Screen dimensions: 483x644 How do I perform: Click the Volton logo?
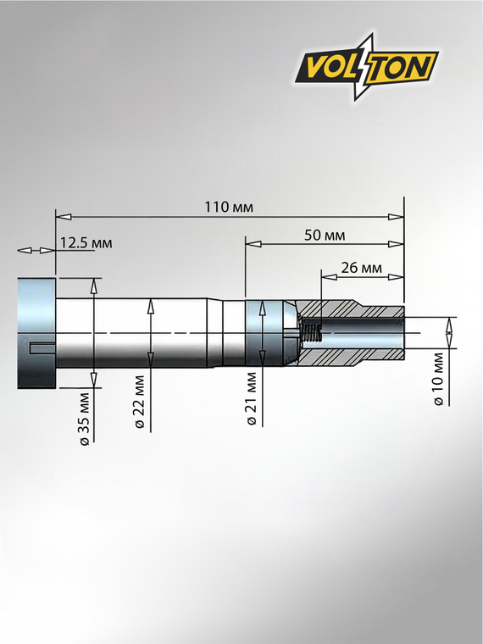(366, 67)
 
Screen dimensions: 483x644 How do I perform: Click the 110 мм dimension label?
(229, 207)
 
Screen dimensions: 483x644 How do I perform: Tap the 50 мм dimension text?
(325, 236)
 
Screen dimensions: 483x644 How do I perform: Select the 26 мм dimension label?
(361, 268)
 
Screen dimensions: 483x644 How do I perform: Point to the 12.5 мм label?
(86, 243)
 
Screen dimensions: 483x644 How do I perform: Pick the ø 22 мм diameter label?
(140, 402)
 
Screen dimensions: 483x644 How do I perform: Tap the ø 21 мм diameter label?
(252, 399)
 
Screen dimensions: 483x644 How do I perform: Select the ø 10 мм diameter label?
(438, 379)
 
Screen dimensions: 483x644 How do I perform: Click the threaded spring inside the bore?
(311, 333)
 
